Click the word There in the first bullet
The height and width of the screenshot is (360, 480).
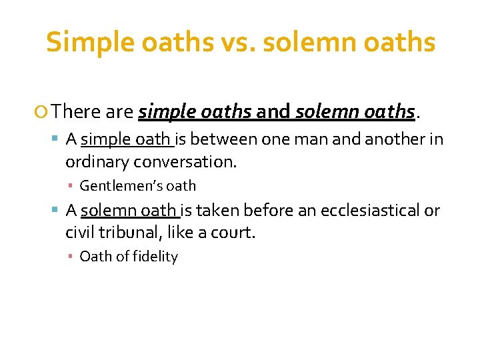click(74, 111)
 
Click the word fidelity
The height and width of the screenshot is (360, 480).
click(154, 257)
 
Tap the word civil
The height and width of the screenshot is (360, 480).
click(79, 233)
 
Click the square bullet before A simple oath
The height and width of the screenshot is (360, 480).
click(57, 139)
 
